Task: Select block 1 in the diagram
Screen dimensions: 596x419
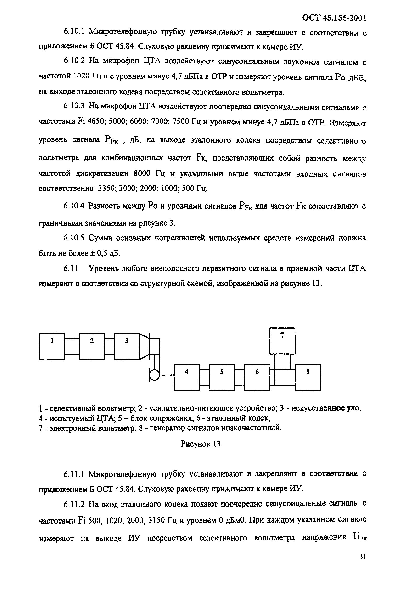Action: coord(52,346)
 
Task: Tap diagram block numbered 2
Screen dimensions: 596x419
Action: coord(92,346)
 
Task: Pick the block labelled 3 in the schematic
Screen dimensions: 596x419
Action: coord(127,346)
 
